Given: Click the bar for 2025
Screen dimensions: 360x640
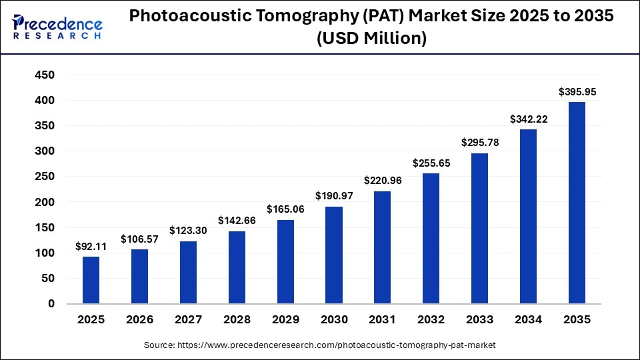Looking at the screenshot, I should (91, 280).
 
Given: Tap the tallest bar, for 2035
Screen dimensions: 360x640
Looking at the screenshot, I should (577, 203).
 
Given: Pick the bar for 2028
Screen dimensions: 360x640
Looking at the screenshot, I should (237, 267).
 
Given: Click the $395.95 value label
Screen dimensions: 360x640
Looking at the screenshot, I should (577, 91).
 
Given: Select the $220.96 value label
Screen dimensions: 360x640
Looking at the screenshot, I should (382, 180).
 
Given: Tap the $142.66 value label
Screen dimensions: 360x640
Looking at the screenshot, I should (237, 220).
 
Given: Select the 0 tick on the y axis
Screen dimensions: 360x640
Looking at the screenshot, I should (51, 304).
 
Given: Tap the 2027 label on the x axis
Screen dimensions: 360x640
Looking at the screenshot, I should (188, 320).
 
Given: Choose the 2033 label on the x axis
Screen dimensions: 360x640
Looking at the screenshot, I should (479, 320).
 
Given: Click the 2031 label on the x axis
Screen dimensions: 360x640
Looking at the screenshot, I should (382, 320).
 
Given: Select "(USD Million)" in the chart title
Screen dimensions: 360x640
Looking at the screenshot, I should (372, 39).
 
